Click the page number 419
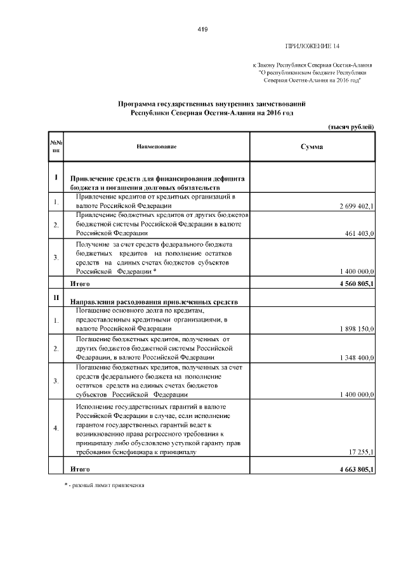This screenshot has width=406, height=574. tap(203, 29)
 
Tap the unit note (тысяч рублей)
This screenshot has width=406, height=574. tap(351, 127)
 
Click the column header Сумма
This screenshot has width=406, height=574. tap(311, 147)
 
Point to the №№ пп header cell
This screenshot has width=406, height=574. tap(56, 147)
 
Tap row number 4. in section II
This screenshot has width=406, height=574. tap(56, 428)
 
